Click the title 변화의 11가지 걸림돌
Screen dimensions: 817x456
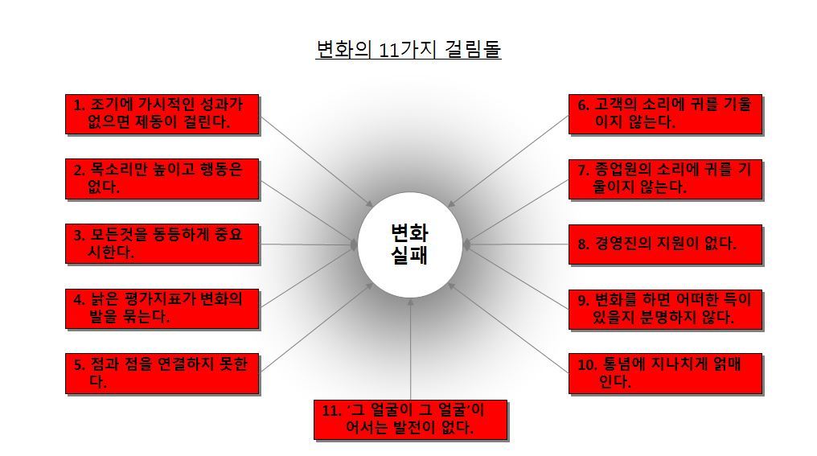tap(408, 50)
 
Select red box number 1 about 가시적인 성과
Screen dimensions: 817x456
tap(162, 114)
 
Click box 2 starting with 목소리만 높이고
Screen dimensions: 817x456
tap(162, 179)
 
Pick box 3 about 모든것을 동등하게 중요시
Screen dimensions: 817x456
tap(162, 244)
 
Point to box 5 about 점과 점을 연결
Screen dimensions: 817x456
tap(162, 373)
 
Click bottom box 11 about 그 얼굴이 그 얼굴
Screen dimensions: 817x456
tap(410, 419)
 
